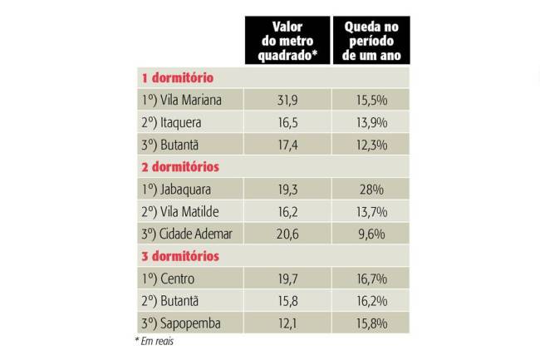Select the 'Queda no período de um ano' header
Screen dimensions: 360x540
[371, 41]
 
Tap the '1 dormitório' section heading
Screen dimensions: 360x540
[178, 78]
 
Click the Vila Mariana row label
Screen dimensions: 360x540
[180, 100]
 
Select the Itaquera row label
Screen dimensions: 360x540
[171, 122]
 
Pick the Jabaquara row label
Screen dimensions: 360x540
[175, 190]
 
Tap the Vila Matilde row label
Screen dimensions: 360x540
[180, 211]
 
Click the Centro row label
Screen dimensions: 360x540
[169, 279]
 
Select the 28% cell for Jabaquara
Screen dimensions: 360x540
[371, 190]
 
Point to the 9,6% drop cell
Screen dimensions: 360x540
[371, 234]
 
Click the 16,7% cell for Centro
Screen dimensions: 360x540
[371, 279]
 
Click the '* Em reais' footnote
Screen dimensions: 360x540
[154, 341]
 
